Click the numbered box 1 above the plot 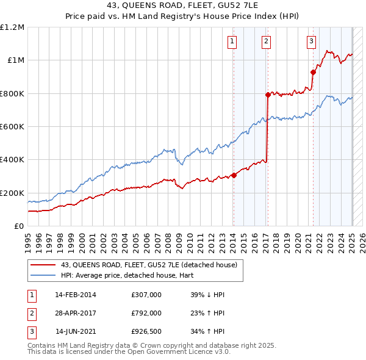point(233,41)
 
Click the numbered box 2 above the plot point(267,41)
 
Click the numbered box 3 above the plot point(311,41)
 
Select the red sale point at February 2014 point(234,175)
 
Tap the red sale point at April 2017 point(268,95)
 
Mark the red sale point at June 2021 point(313,72)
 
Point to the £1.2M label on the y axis point(12,27)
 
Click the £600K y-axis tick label point(12,127)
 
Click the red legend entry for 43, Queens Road point(152,265)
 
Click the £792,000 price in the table point(146,313)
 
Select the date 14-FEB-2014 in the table point(76,295)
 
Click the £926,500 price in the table point(146,332)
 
